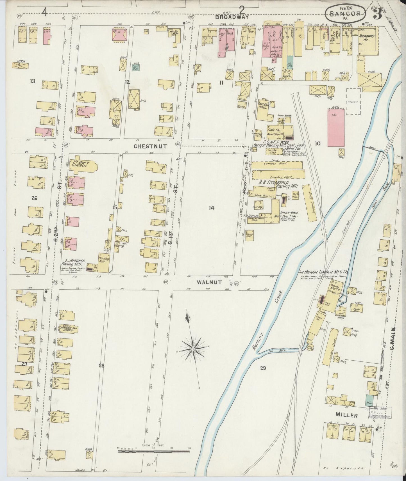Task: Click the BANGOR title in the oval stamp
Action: pos(346,13)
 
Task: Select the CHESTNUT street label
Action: pos(150,146)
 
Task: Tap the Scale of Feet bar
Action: pos(153,452)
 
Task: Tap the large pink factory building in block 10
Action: pos(336,127)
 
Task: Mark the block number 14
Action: pos(212,208)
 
